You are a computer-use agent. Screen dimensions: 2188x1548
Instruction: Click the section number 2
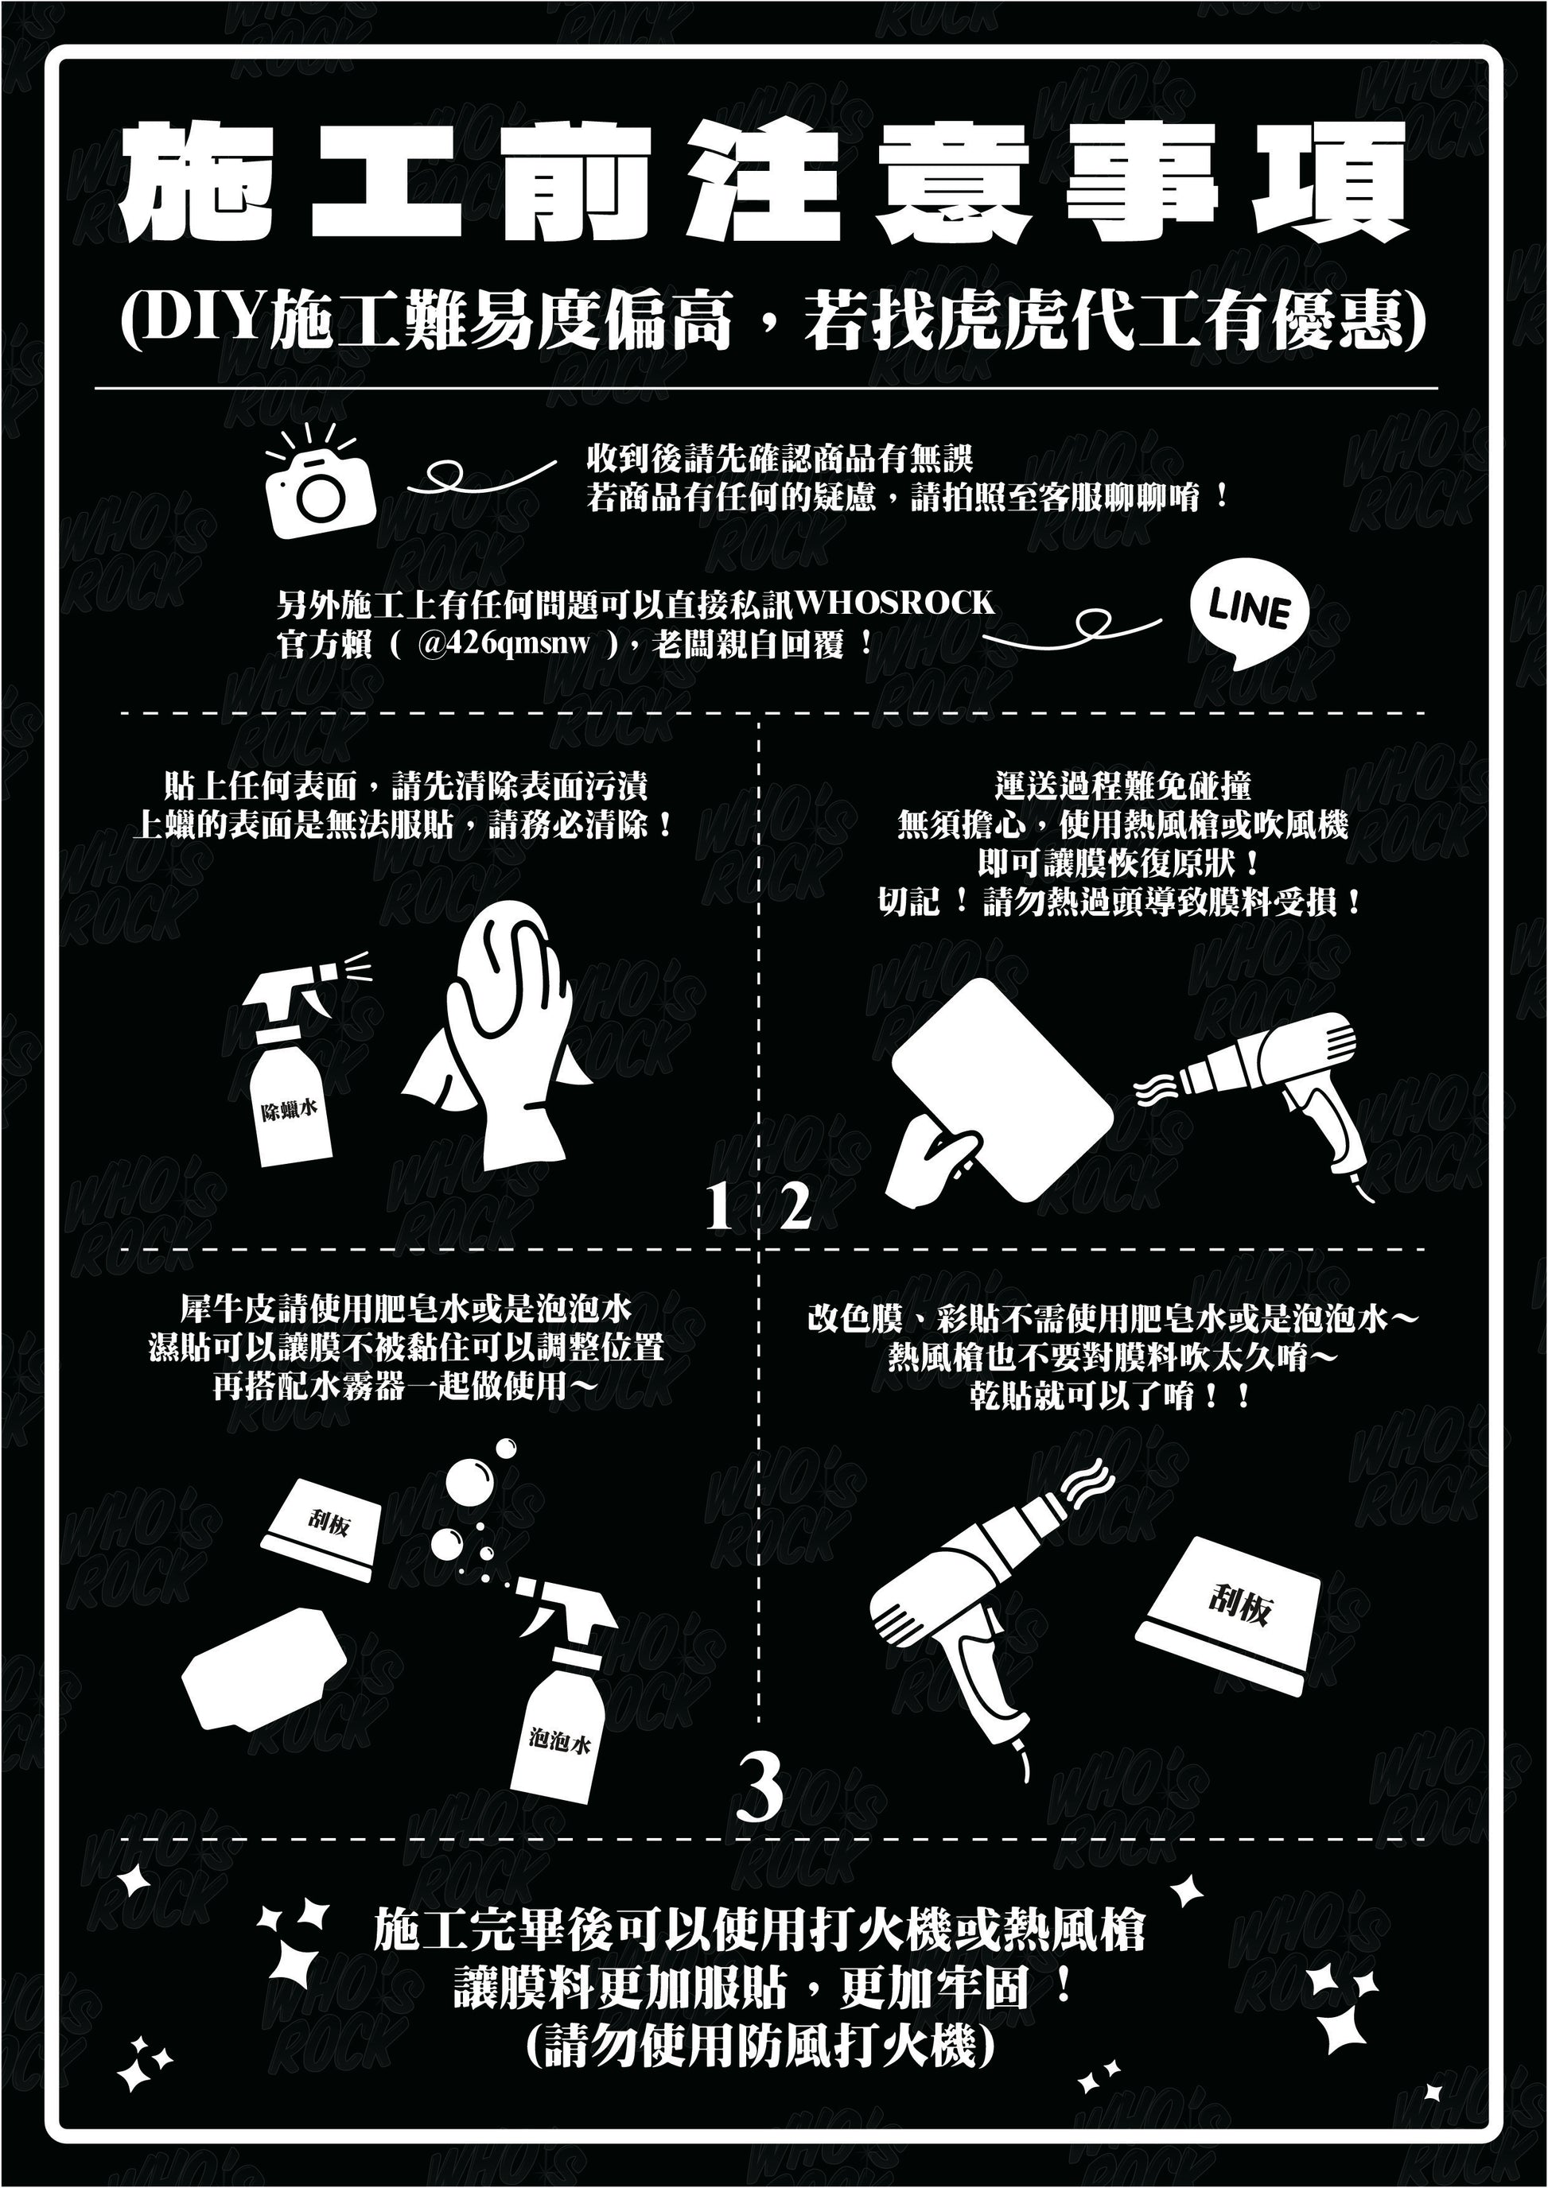click(796, 1208)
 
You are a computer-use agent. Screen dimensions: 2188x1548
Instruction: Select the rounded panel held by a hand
click(1001, 1086)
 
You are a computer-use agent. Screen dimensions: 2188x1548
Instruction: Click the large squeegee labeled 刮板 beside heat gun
click(1239, 1611)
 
